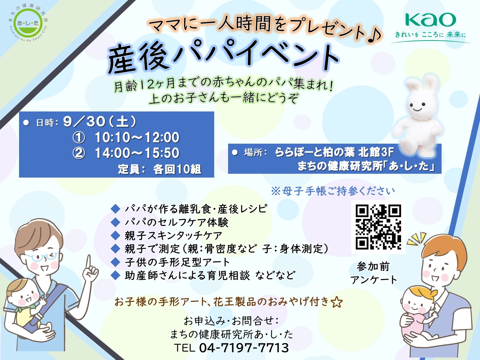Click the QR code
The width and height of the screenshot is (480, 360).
(x=378, y=227)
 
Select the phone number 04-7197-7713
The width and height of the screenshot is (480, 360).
(x=244, y=348)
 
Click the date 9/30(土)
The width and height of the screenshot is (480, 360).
(x=100, y=121)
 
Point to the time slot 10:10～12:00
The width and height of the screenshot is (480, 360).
(x=137, y=137)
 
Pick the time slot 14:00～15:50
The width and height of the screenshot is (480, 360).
(x=137, y=153)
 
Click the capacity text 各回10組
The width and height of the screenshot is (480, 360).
(x=177, y=169)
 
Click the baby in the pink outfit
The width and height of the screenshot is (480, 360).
(x=418, y=313)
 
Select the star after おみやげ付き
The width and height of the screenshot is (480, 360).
(x=336, y=302)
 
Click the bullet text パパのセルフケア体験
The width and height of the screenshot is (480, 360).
(x=176, y=223)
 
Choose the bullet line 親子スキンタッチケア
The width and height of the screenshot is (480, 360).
(x=173, y=235)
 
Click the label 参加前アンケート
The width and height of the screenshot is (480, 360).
(x=373, y=273)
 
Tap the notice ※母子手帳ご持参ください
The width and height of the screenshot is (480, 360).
(x=333, y=191)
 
